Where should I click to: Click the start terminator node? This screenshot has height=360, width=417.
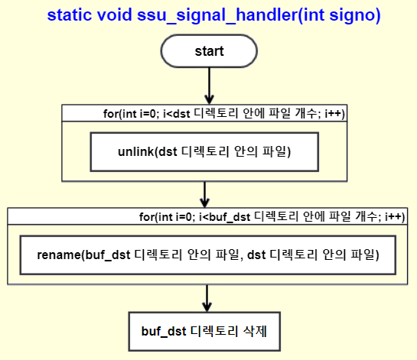click(209, 51)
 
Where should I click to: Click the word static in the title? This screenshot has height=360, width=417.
click(69, 15)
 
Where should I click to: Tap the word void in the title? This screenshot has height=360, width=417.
click(114, 15)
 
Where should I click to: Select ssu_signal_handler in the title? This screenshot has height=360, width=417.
click(217, 15)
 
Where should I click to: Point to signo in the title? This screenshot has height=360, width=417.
click(352, 16)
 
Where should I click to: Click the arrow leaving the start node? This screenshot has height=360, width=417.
click(210, 86)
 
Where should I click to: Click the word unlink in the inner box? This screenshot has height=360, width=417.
click(136, 151)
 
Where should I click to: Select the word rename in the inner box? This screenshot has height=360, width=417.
click(59, 255)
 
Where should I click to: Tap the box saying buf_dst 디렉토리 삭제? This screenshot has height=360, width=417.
click(204, 332)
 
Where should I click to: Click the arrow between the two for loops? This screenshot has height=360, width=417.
click(204, 195)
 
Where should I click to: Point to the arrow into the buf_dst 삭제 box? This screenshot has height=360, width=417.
click(207, 298)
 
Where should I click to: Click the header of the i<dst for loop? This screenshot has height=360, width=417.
click(204, 113)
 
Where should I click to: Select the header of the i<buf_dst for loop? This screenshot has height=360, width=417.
click(207, 216)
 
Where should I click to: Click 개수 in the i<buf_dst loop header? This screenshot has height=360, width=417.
click(367, 216)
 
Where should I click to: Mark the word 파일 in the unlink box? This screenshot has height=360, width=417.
click(274, 151)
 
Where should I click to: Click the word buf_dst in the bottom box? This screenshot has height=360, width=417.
click(164, 332)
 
